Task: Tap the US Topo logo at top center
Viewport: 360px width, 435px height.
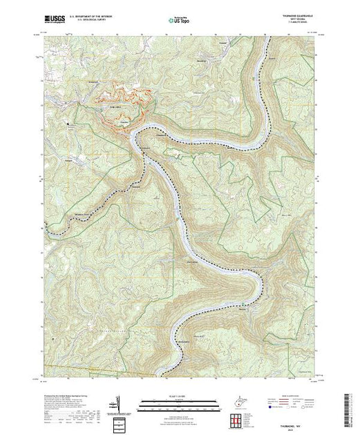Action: tap(180, 20)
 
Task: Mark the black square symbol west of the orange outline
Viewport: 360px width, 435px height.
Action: tap(68, 124)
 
